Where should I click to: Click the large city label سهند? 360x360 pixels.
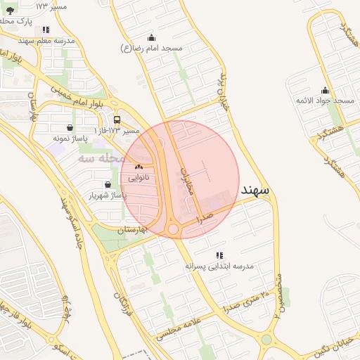click(x=255, y=190)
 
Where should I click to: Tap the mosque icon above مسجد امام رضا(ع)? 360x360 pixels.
click(x=151, y=37)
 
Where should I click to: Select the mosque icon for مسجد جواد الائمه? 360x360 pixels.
click(x=325, y=90)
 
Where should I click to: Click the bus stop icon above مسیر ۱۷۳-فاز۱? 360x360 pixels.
click(x=117, y=120)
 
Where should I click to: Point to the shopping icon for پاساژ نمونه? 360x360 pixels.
click(x=70, y=127)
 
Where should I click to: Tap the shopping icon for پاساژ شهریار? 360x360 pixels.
click(x=107, y=184)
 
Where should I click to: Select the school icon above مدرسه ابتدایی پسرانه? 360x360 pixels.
click(x=219, y=255)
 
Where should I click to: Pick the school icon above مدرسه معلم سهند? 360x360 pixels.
click(x=46, y=30)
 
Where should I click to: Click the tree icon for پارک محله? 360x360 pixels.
click(x=9, y=11)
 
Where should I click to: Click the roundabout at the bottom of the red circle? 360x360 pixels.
click(x=173, y=229)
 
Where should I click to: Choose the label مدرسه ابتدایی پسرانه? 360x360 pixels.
click(x=219, y=267)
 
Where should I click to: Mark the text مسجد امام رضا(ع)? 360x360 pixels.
click(x=153, y=49)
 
